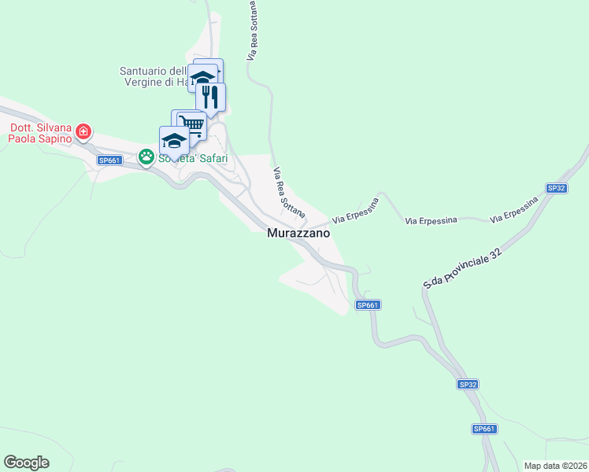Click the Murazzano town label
[298, 234]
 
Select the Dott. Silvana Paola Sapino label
[40, 133]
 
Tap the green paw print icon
[146, 157]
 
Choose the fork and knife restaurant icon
[210, 96]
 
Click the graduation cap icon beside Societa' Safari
[174, 140]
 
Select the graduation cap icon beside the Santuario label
[202, 78]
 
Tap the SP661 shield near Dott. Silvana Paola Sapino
[109, 160]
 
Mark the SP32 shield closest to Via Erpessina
[557, 188]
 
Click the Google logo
[26, 463]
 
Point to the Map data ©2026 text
[555, 466]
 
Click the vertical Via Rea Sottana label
[254, 31]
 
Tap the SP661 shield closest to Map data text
[484, 429]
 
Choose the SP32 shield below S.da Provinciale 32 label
[468, 385]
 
